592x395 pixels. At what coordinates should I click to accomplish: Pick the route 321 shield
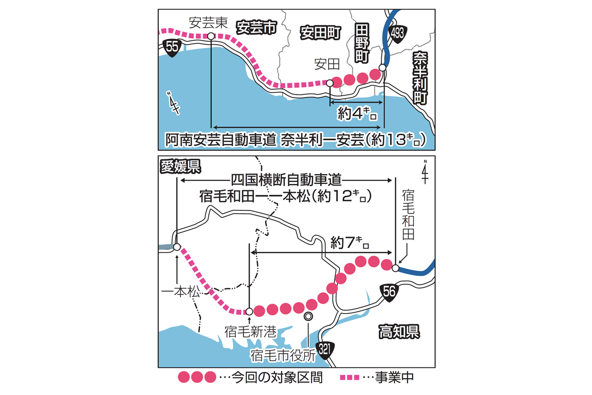pos(324,349)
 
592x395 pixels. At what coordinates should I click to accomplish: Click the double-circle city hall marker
pos(308,316)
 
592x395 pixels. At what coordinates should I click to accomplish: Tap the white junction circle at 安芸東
pos(211,36)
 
